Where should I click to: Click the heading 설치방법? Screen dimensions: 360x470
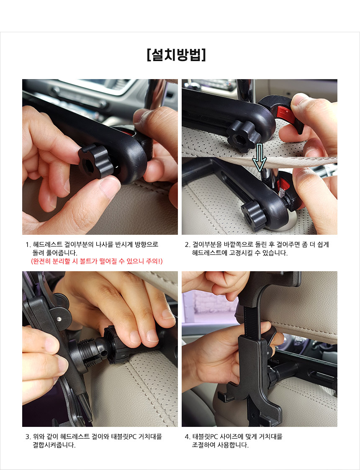pos(177,54)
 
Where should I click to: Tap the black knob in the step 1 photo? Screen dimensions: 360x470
pos(96,161)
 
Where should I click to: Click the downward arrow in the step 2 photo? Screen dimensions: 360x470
pos(259,157)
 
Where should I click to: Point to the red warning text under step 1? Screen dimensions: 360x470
pos(97,261)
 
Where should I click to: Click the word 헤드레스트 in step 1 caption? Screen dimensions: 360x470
pos(48,244)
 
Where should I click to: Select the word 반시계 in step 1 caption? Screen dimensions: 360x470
pos(124,244)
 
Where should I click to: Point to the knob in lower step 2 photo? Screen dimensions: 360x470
pos(254,215)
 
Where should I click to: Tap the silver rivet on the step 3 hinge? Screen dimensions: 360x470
pos(59,319)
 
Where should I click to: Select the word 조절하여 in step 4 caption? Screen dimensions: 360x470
pos(203,445)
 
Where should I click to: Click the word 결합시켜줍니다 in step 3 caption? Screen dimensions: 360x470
pos(54,445)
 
